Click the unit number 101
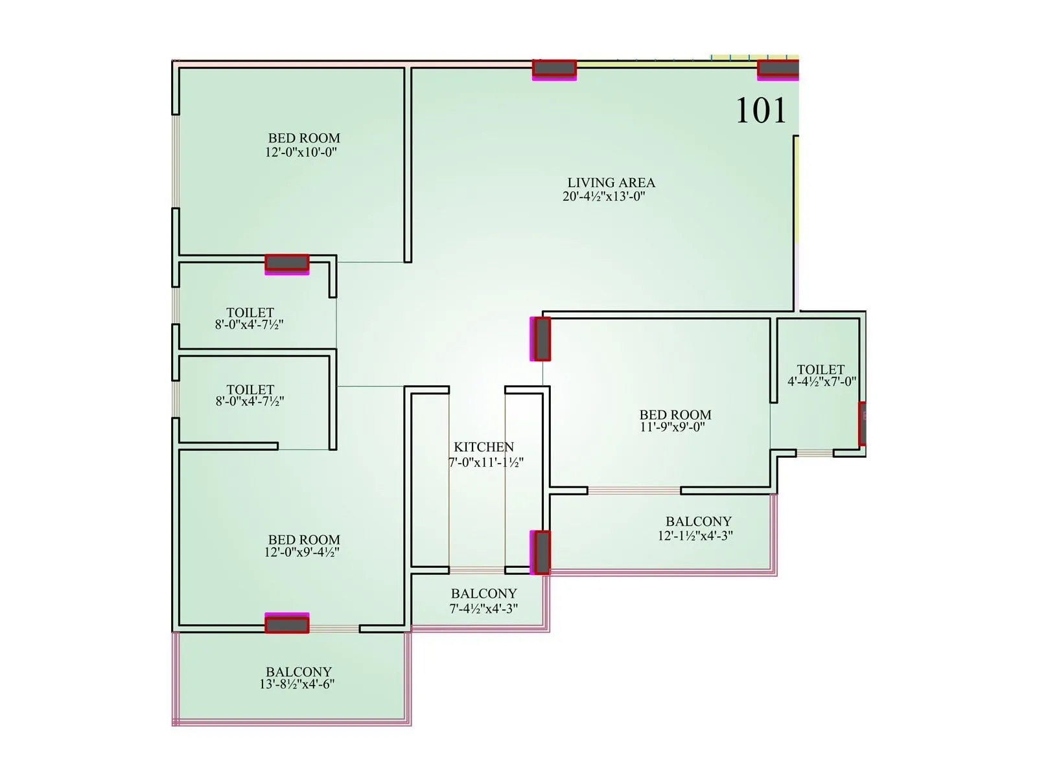(761, 111)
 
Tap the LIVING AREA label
(611, 183)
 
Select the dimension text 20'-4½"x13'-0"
(604, 197)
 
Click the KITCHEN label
(484, 447)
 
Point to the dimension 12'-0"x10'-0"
(301, 152)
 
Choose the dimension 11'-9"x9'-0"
(672, 427)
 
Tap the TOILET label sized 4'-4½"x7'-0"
(821, 370)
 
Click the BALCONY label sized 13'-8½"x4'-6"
(299, 671)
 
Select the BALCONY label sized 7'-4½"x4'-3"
(484, 593)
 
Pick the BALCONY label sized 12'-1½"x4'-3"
(698, 521)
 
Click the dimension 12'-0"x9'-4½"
(302, 552)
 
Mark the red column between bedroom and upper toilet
(286, 263)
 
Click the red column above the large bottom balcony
(286, 624)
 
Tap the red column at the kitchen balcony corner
(541, 552)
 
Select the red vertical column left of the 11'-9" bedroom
(541, 339)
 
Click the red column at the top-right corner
(778, 68)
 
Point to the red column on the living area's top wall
(554, 68)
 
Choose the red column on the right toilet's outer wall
(862, 423)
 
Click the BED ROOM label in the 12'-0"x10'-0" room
(304, 138)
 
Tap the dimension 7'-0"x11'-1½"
(486, 462)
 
